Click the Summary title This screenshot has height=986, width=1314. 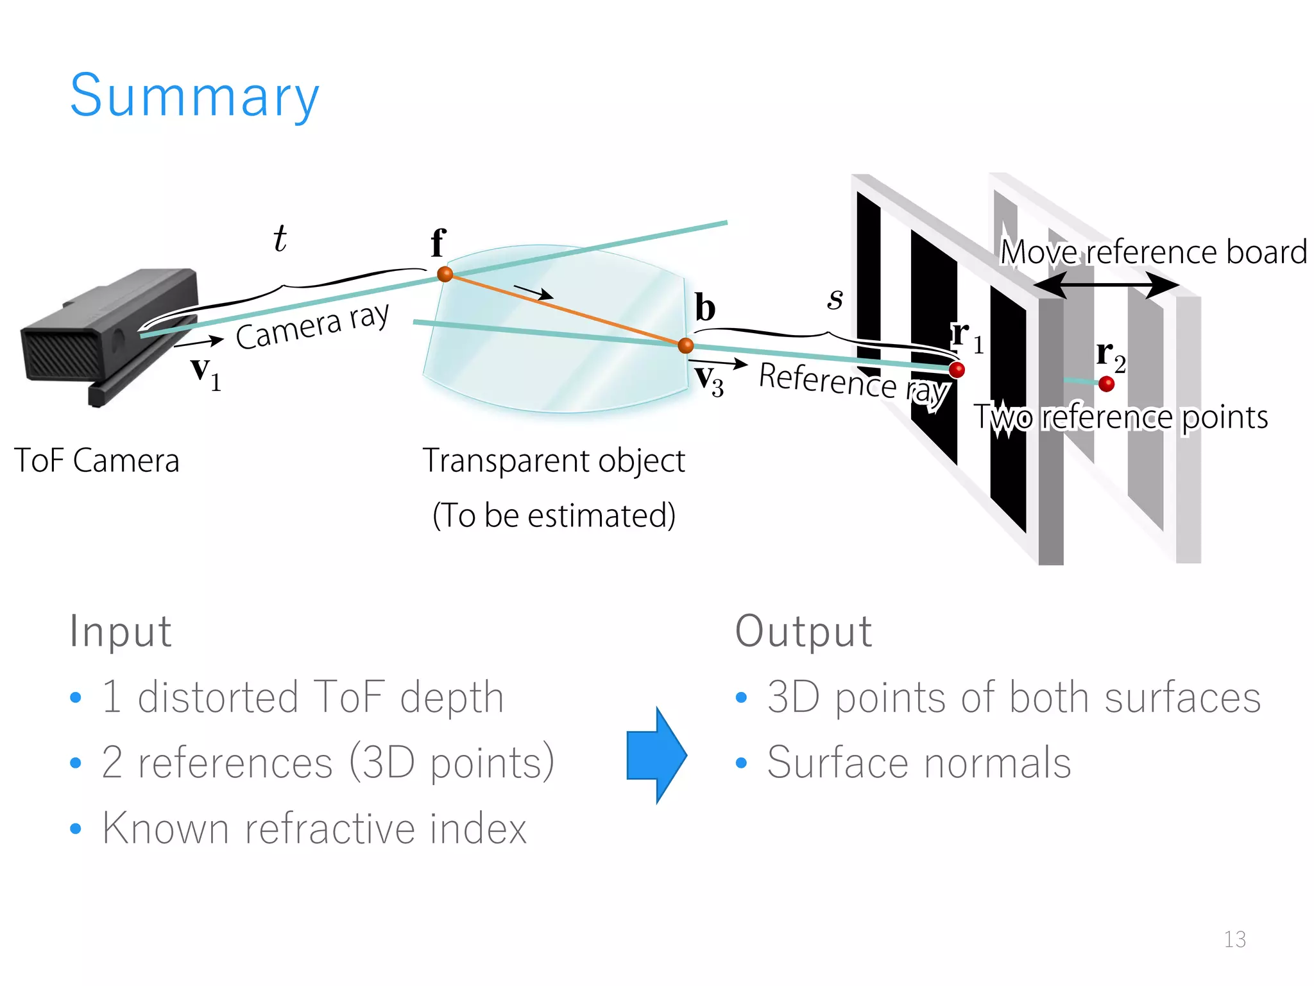[194, 96]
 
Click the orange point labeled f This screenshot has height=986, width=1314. [445, 274]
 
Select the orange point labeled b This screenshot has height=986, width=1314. [685, 345]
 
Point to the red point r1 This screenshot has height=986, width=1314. [956, 370]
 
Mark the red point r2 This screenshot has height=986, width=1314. [1106, 384]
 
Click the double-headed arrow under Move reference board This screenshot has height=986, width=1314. [1105, 284]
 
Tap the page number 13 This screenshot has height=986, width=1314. [1234, 939]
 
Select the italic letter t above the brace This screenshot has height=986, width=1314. [280, 239]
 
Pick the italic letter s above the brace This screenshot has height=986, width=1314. [835, 298]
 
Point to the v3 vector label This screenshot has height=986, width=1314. [710, 380]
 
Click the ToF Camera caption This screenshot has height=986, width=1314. [97, 461]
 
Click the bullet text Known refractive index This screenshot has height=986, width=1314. [314, 828]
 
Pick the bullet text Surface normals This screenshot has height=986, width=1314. [919, 763]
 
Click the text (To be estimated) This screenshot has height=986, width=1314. [554, 515]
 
